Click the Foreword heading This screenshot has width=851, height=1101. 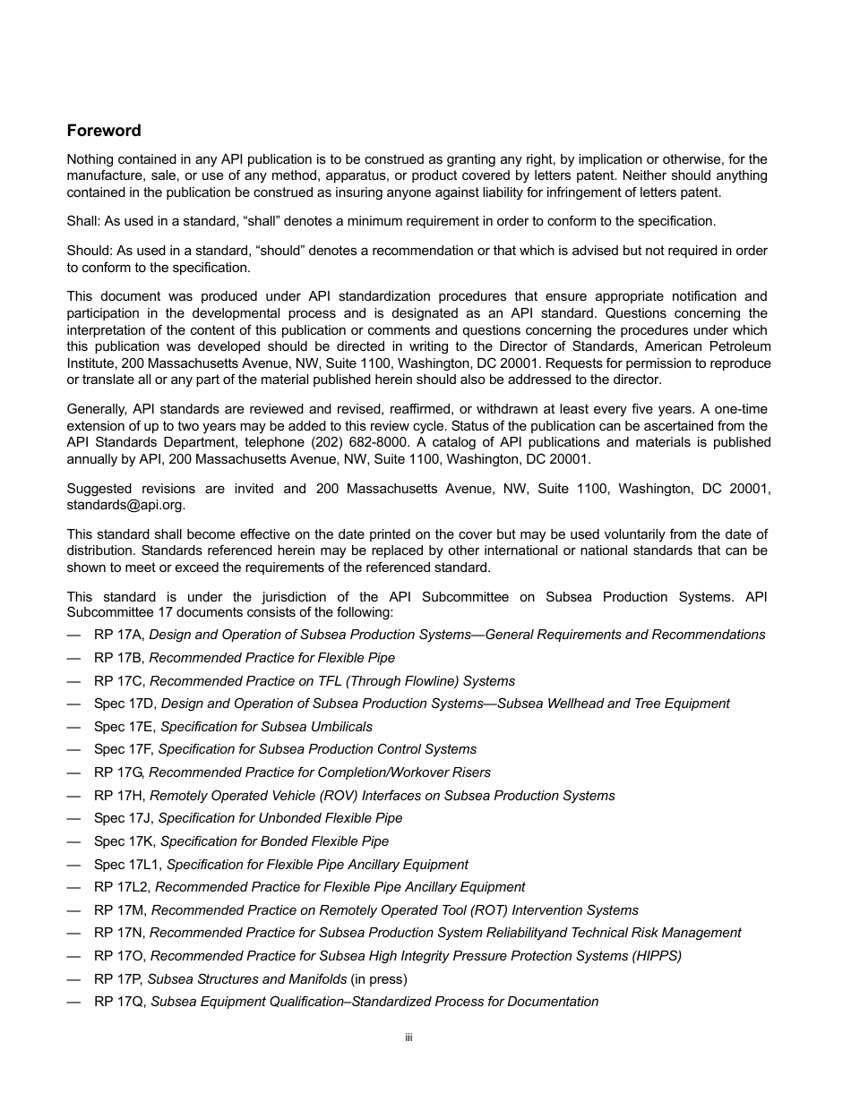pos(104,131)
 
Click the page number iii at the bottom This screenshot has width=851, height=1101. pos(408,1037)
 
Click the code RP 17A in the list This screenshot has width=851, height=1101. pos(119,635)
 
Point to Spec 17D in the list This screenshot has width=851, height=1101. pos(125,704)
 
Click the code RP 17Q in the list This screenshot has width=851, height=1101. pos(119,1002)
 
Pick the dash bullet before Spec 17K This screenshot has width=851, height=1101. pos(73,841)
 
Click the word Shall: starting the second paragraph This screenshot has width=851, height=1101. pos(84,221)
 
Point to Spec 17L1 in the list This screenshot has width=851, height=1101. pos(128,865)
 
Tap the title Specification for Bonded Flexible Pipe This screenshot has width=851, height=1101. pos(274,841)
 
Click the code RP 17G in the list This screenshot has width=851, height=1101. pos(119,772)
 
